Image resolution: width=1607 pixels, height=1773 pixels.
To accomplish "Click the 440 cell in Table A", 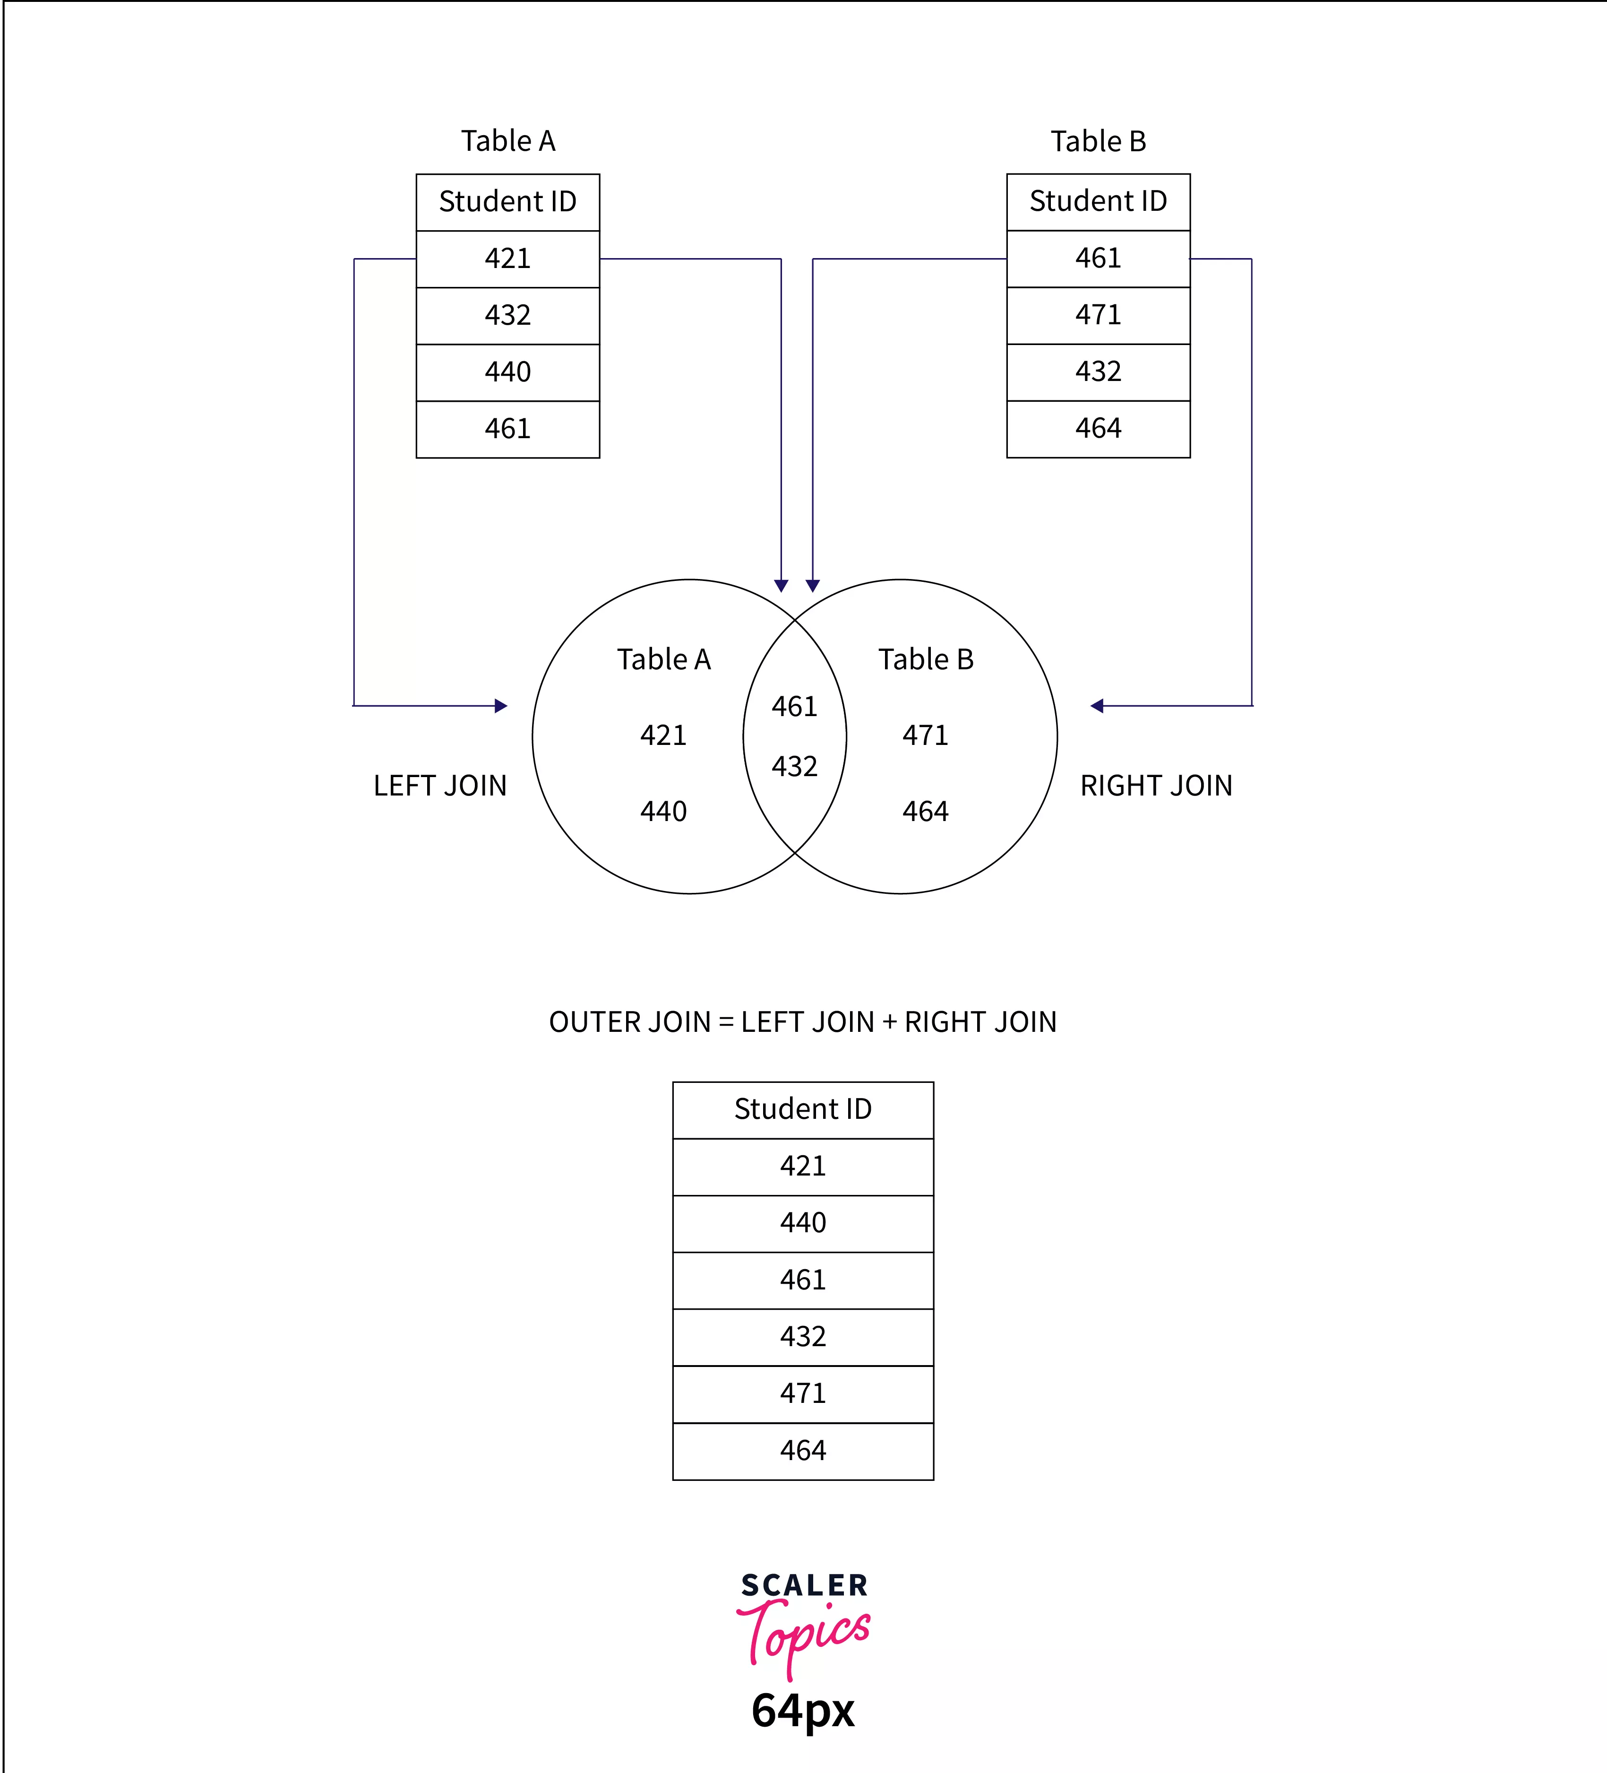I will click(507, 372).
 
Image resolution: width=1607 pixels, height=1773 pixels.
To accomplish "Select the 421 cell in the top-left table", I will click(507, 259).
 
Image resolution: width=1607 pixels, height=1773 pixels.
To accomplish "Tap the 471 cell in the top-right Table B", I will click(1098, 315).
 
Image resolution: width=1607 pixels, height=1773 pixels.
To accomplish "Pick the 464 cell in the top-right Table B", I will click(1098, 428).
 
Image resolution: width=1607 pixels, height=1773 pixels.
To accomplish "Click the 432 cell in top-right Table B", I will click(1098, 371).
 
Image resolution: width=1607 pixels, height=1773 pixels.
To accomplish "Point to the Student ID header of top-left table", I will click(507, 201).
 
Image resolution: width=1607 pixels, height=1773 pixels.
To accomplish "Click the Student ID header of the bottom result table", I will click(803, 1109).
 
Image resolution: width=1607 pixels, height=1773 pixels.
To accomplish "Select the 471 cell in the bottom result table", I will click(803, 1393).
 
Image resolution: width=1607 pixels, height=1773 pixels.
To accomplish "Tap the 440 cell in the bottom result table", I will click(803, 1222).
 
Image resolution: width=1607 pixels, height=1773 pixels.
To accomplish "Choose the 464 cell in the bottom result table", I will click(803, 1450).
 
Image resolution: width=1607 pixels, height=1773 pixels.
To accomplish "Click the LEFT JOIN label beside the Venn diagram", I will click(439, 786).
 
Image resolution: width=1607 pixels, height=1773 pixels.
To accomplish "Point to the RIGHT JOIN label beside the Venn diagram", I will click(1156, 786).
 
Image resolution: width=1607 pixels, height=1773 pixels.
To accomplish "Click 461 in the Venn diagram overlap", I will click(794, 706).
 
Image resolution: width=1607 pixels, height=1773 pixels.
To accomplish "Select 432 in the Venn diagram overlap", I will click(794, 766).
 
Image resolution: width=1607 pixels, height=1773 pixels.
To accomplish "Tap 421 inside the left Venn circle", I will click(663, 735).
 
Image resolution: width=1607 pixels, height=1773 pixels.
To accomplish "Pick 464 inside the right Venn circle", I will click(925, 811).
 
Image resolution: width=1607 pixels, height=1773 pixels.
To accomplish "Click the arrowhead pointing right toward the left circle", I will click(501, 705).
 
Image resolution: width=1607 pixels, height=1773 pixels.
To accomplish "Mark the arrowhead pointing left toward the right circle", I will click(1096, 705).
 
